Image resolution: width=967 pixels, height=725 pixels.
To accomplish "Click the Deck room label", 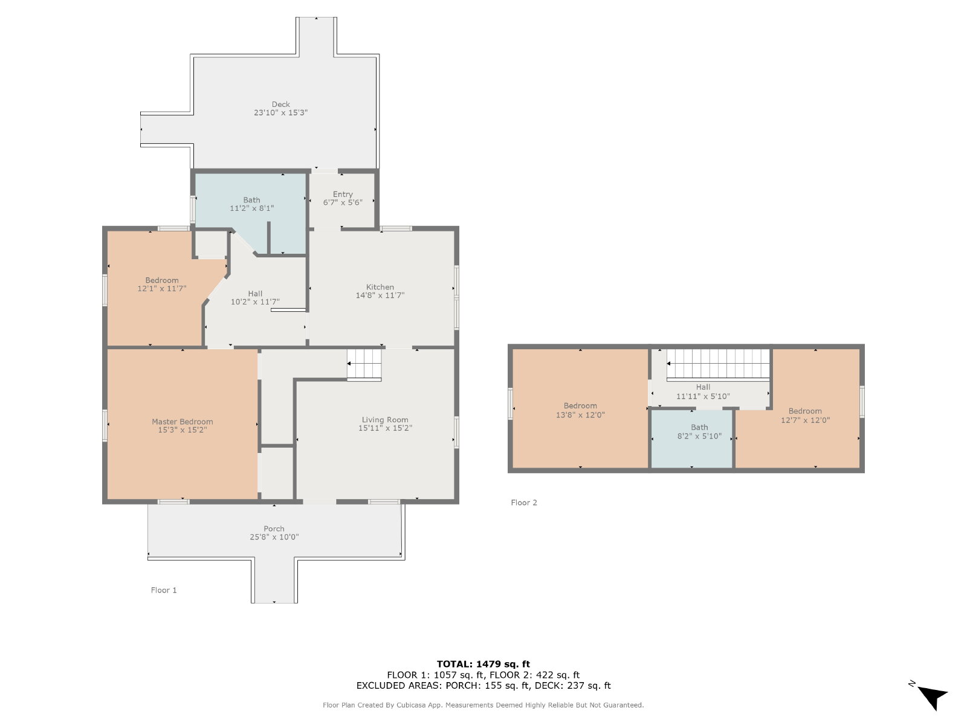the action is pos(280,105).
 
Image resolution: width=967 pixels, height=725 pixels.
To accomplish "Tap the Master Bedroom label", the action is pos(183,422).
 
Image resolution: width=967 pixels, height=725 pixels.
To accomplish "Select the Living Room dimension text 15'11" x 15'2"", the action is pos(385,428).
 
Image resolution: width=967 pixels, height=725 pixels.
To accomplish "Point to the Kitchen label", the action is pos(380,287).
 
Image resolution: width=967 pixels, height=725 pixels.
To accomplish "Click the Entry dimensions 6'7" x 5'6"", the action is pos(343,202).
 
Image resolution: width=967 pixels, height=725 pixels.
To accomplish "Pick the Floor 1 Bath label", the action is pos(251,200).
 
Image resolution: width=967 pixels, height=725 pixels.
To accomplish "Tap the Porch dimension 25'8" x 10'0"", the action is pos(274,537).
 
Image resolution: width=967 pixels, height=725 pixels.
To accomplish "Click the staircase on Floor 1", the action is pos(364,364).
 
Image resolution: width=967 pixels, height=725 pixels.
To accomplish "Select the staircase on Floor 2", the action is pos(717,364).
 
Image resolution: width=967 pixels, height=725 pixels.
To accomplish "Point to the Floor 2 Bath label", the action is pos(700,427).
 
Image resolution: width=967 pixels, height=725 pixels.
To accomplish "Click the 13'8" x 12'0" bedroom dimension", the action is pos(580,414).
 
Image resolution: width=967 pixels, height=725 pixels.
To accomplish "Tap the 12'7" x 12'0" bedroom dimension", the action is pos(805,420).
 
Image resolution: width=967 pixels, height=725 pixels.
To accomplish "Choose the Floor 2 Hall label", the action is pos(703,387).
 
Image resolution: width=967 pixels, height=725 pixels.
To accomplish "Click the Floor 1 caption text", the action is pos(163,590).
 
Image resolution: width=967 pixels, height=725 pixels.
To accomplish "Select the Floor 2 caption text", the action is pos(524,502).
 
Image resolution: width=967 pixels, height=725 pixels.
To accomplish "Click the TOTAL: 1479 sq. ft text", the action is pos(483,664).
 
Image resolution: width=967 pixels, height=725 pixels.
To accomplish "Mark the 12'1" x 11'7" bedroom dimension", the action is pos(162,288).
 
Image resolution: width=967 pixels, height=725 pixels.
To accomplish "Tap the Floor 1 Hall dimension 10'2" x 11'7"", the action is pos(255,301).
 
